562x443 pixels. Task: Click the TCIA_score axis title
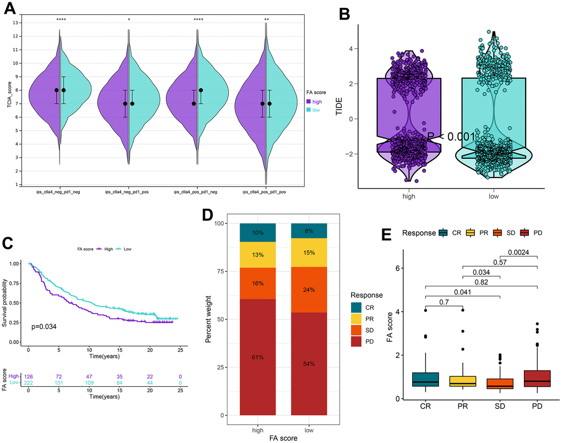tap(9, 103)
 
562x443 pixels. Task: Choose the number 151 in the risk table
tap(58, 383)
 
